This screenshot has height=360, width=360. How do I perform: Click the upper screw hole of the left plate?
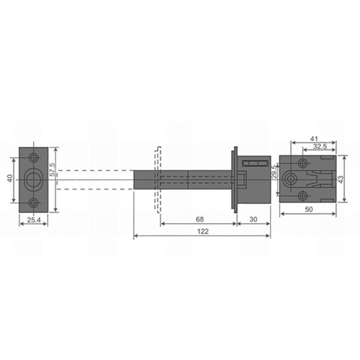(x=34, y=156)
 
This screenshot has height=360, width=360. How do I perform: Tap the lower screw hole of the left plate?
(x=34, y=200)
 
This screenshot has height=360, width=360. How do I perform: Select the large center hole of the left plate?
(x=34, y=178)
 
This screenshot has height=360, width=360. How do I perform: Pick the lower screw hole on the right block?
(x=304, y=192)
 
